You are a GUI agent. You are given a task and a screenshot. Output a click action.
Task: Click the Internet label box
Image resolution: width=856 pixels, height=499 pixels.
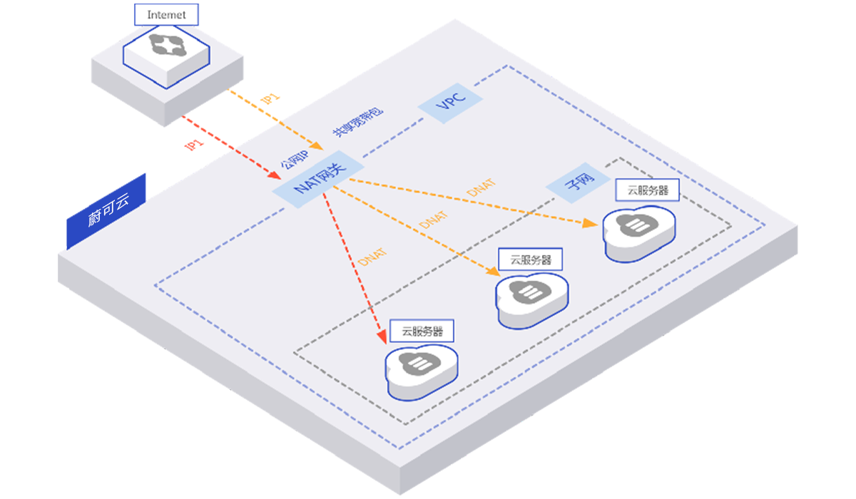point(166,14)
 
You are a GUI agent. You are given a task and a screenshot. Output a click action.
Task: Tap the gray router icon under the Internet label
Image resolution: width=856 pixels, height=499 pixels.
point(168,45)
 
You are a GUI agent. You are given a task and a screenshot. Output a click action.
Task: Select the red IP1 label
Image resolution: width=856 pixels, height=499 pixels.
point(194,145)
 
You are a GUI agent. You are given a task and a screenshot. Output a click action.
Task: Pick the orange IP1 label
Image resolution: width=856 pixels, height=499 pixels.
point(270,98)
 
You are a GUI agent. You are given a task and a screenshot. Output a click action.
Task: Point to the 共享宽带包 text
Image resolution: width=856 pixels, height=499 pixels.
point(357,122)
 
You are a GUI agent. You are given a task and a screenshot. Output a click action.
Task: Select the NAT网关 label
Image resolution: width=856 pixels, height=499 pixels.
point(319,179)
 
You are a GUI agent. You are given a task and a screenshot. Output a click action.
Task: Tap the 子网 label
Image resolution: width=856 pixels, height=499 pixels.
point(580,181)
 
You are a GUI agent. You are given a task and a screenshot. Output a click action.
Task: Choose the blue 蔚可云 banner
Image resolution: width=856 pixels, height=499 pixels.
point(106,211)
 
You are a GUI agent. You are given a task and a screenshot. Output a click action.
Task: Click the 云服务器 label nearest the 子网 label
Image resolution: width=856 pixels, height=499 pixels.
point(648,190)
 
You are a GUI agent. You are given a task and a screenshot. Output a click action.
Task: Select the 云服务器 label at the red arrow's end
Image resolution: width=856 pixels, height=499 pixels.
point(422,331)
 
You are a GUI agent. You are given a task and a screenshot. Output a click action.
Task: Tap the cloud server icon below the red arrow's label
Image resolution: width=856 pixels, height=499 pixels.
point(421,373)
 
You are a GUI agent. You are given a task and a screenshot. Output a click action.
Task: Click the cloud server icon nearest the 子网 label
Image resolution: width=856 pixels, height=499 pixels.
point(639,234)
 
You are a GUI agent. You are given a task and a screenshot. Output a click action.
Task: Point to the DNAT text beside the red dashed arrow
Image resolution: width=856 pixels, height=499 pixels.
point(372,257)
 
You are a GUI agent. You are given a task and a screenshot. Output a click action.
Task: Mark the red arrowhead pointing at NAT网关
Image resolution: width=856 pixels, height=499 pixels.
point(275,175)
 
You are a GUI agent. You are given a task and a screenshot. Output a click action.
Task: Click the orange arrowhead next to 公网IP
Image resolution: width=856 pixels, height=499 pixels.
point(317,146)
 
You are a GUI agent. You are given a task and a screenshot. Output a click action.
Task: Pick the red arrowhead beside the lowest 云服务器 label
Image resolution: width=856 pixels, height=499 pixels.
point(382,336)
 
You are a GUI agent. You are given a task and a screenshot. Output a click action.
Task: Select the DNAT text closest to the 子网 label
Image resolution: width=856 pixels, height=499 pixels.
point(481,187)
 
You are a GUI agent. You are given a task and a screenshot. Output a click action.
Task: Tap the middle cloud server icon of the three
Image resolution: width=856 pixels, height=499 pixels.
point(531,301)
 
